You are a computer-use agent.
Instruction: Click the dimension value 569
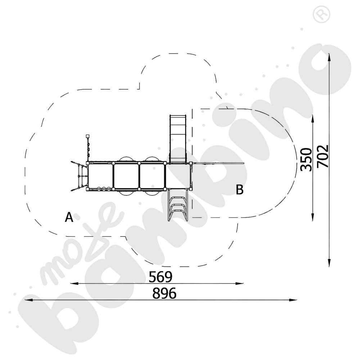[x=161, y=277]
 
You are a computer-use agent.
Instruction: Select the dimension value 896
[x=165, y=293]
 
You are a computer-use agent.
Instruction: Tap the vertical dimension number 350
[x=306, y=159]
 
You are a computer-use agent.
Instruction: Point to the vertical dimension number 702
[x=323, y=156]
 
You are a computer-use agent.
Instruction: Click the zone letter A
[x=69, y=217]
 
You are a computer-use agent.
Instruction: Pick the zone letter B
[x=239, y=190]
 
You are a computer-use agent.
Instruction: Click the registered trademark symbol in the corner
[x=321, y=14]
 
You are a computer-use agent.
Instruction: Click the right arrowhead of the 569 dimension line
[x=239, y=284]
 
